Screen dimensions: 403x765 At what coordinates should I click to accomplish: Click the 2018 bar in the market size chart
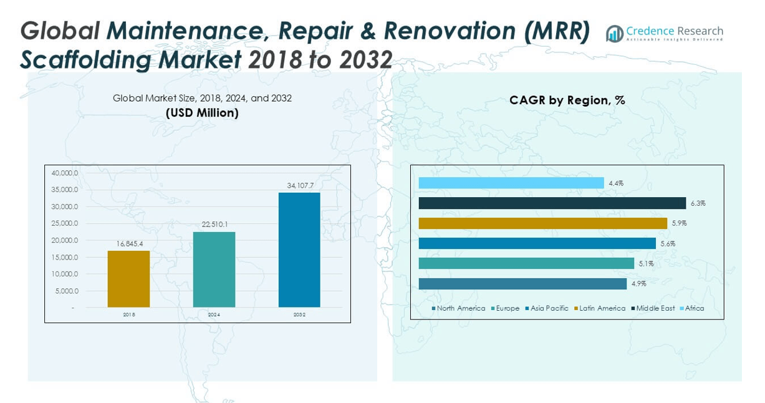pos(128,278)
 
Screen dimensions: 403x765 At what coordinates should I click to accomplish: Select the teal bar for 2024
pos(214,269)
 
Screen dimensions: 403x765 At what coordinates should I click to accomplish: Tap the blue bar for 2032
pos(299,250)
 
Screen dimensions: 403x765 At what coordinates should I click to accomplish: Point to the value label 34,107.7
pos(299,185)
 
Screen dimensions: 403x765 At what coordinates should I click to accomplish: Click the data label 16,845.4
pos(128,244)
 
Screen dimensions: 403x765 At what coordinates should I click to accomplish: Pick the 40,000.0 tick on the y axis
pos(65,173)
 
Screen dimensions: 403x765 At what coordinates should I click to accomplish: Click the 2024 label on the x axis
pos(214,315)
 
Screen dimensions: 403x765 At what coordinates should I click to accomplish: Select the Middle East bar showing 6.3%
pos(552,203)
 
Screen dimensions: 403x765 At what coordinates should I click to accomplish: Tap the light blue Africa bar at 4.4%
pos(511,183)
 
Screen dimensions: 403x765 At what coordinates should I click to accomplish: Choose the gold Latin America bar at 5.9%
pos(542,223)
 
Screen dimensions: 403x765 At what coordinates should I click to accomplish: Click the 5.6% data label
pos(668,244)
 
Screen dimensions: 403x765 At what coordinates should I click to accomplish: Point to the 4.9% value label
pos(638,284)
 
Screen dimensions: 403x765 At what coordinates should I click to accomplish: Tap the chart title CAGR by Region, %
pos(567,100)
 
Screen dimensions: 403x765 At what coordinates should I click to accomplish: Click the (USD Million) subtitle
pos(202,113)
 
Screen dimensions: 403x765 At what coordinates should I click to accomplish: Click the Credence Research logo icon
pos(615,34)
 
